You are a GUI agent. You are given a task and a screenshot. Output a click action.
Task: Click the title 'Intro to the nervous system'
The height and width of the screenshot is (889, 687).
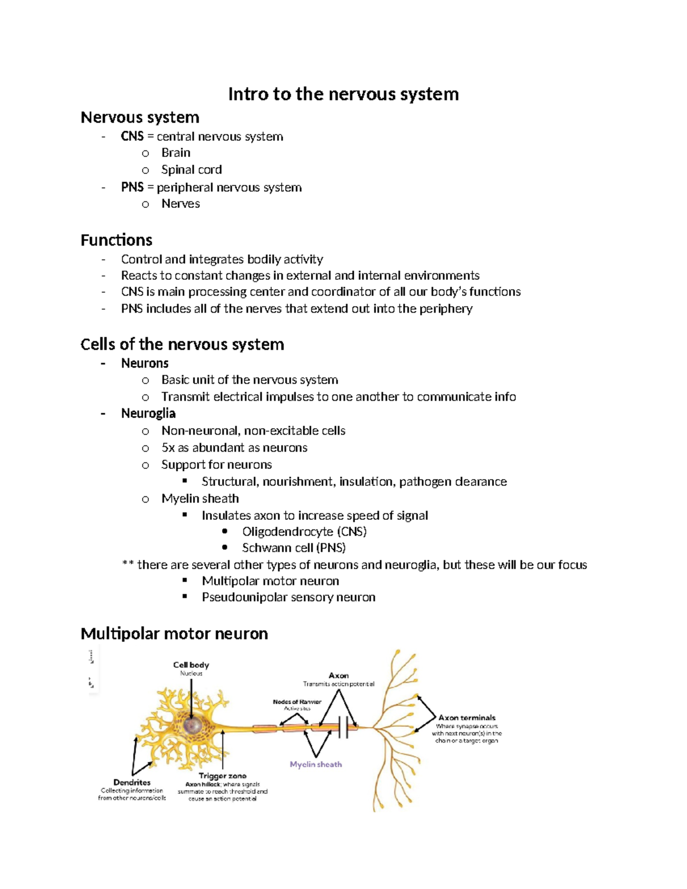[343, 94]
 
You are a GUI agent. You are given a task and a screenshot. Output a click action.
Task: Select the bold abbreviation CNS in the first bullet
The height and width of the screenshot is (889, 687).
[132, 136]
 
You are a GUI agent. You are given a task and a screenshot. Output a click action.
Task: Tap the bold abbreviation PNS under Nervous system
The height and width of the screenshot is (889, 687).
[132, 187]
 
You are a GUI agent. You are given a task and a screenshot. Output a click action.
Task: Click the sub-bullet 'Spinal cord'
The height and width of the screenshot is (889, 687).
[191, 169]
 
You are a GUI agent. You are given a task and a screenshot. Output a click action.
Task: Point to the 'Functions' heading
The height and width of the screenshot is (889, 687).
[116, 240]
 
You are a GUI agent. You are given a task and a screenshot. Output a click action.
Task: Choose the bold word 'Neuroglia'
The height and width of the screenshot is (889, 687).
[148, 413]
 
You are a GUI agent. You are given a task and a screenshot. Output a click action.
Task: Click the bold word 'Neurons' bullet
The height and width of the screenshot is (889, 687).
[144, 363]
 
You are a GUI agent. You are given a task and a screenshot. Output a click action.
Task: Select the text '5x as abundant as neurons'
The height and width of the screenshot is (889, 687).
[234, 448]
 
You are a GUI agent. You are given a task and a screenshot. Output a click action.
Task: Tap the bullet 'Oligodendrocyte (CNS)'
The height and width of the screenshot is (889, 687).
[304, 532]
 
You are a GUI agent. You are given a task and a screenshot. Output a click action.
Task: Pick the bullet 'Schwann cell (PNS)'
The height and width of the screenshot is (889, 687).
[294, 548]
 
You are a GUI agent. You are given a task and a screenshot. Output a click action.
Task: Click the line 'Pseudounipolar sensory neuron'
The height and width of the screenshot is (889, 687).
[289, 597]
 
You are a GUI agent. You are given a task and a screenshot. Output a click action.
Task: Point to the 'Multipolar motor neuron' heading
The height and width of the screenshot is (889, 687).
[174, 634]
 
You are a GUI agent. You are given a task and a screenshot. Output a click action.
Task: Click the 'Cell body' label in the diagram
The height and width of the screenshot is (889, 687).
[191, 665]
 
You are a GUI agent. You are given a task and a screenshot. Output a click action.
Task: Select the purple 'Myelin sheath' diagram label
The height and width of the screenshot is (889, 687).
[315, 764]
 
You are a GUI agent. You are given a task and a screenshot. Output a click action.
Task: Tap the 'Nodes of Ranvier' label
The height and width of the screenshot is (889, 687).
[297, 702]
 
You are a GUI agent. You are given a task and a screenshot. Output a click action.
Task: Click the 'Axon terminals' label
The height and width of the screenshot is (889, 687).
[467, 718]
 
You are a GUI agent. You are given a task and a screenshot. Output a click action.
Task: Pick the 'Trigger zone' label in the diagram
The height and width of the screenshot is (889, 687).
[222, 776]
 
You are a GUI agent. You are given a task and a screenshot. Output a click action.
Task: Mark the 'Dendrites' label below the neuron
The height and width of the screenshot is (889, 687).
[132, 783]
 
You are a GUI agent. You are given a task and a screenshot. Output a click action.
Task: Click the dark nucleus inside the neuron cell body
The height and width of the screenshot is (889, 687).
[192, 725]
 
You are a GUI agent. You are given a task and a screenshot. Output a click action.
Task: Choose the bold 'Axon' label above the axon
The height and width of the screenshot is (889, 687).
[338, 675]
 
